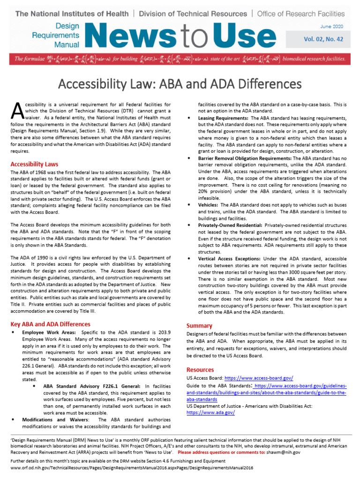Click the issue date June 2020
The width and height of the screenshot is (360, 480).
click(x=331, y=28)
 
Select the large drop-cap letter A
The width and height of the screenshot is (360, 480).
click(x=16, y=110)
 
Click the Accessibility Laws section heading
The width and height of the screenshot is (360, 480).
click(x=34, y=164)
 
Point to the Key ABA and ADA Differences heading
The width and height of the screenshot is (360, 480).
click(x=50, y=324)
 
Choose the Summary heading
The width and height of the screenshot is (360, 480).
click(x=199, y=325)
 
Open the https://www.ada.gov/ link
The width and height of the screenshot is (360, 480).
click(x=210, y=412)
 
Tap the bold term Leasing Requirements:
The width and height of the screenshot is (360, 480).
click(x=223, y=118)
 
